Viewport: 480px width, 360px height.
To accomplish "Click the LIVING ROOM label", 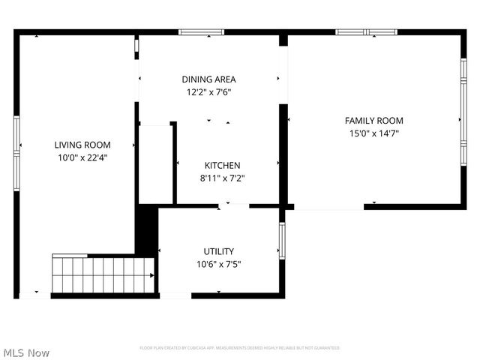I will coord(82,145).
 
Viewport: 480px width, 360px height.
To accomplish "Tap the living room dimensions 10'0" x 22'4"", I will coord(82,157).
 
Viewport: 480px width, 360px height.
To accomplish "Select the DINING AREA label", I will coord(209,79).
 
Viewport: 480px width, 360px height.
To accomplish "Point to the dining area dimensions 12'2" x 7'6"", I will coord(209,93).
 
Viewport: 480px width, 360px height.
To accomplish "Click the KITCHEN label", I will coord(223,165).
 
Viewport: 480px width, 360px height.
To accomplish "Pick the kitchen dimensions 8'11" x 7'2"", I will coord(223,178).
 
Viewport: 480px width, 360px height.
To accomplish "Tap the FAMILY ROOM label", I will coord(373,120).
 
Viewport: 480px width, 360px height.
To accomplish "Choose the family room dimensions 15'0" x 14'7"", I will coord(373,133).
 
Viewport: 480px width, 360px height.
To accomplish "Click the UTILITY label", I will coord(219,251).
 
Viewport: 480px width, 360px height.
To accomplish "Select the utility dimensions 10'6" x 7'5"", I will coord(219,264).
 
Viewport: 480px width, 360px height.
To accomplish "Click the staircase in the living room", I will coord(103,274).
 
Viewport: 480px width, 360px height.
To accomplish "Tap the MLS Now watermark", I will coord(26,352).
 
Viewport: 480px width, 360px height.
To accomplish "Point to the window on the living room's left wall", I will coord(16,136).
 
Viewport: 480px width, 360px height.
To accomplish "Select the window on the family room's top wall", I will coord(366,32).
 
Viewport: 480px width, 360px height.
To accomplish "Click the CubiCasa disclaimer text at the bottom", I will coord(240,348).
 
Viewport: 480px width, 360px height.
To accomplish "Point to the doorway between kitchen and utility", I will coord(233,205).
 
